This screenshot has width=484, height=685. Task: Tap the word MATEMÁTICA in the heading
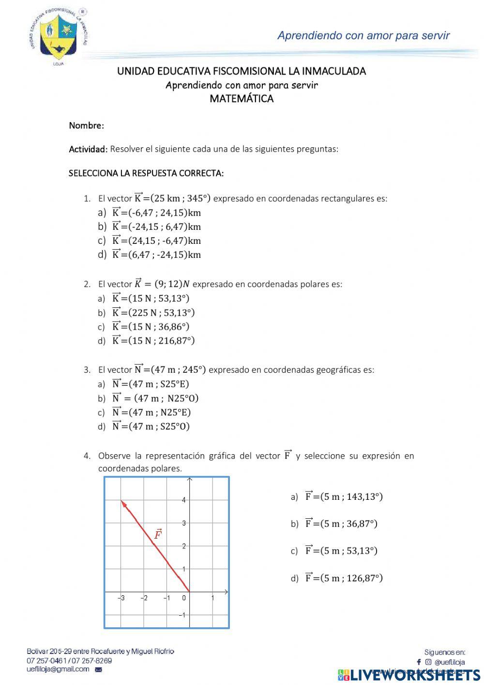(242, 99)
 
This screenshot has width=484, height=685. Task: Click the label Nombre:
(86, 126)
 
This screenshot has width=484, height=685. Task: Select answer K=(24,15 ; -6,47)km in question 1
(156, 240)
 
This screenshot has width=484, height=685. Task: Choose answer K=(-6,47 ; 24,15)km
(156, 212)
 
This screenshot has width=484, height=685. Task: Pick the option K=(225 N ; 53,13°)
(153, 313)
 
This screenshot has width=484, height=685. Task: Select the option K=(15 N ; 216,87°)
(153, 341)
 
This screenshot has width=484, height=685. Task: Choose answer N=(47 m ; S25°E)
(150, 384)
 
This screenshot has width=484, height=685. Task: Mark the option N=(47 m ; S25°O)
(150, 426)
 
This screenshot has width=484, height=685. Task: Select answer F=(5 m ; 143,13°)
(343, 496)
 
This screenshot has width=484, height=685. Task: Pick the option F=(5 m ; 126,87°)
(343, 578)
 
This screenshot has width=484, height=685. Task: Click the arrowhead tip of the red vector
(121, 501)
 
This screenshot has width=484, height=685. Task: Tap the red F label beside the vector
(158, 535)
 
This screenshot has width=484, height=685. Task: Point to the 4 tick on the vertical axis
(184, 500)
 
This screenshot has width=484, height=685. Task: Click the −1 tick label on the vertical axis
(182, 615)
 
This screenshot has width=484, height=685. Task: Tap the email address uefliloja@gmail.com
(58, 669)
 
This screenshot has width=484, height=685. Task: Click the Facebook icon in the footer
(419, 662)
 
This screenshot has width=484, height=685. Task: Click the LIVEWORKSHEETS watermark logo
(409, 675)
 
